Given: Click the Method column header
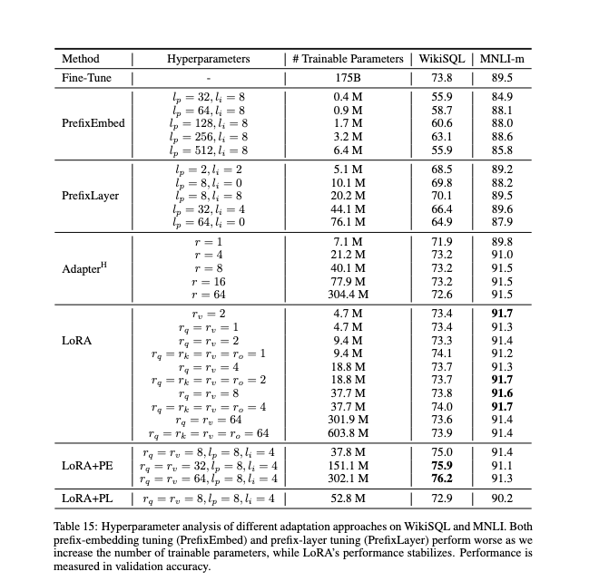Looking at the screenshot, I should click(x=80, y=59).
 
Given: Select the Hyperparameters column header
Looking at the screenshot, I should click(x=208, y=59).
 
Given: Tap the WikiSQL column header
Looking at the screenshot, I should click(x=441, y=59).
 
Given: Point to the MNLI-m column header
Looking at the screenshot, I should click(x=502, y=59).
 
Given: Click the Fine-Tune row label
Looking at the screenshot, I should click(x=86, y=78).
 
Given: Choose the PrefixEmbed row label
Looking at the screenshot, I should click(x=93, y=122).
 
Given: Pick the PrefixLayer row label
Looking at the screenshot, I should click(x=91, y=195).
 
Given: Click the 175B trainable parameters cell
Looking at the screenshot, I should click(x=348, y=78).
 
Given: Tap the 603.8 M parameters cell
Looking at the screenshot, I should click(x=348, y=434).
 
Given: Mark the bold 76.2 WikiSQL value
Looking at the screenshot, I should click(x=442, y=479).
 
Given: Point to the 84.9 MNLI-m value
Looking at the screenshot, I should click(x=501, y=97).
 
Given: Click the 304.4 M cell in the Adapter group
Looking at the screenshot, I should click(x=348, y=295).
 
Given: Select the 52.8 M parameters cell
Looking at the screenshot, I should click(x=348, y=498).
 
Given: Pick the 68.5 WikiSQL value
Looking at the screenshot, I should click(x=442, y=169).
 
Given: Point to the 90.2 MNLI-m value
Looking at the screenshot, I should click(x=501, y=498).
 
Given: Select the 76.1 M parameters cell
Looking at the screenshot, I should click(x=348, y=220).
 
